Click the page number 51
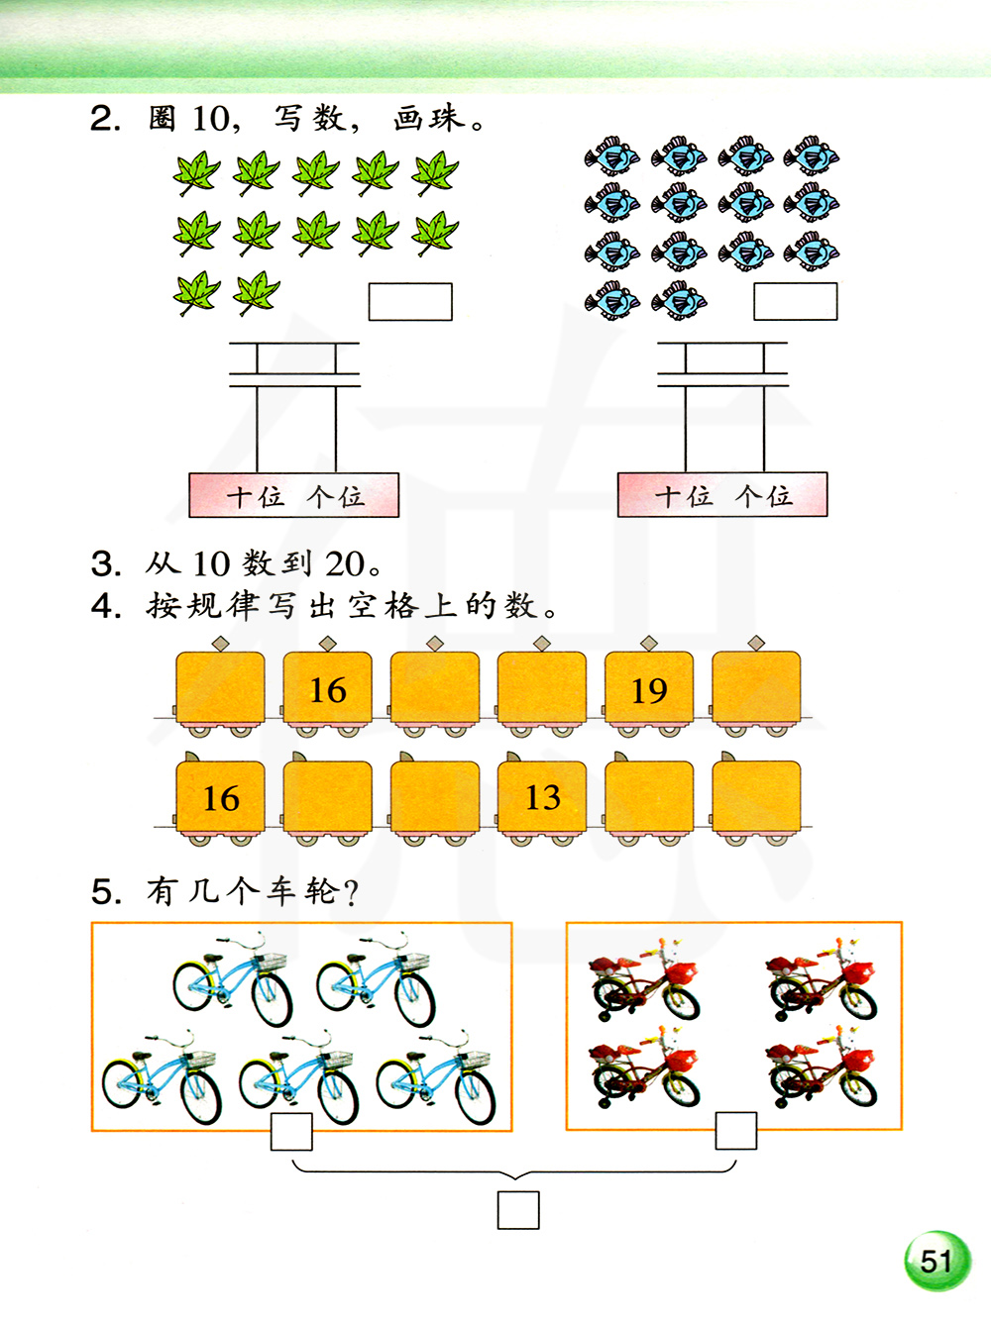(x=936, y=1261)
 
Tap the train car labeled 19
(x=649, y=689)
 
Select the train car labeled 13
(x=542, y=797)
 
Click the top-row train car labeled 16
(x=328, y=689)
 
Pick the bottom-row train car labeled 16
(x=220, y=797)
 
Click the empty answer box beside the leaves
(x=410, y=302)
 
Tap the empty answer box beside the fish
(x=795, y=302)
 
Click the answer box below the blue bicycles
(x=291, y=1132)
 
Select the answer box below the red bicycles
(x=736, y=1131)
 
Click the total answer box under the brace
(x=518, y=1210)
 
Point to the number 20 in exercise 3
(x=346, y=564)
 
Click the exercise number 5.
(x=105, y=892)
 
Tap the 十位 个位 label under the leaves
(x=294, y=495)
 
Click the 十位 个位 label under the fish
(x=722, y=495)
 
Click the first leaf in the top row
(x=196, y=173)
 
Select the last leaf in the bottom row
(x=257, y=293)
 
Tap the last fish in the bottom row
(x=679, y=300)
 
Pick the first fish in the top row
(x=612, y=156)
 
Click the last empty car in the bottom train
(x=756, y=797)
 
